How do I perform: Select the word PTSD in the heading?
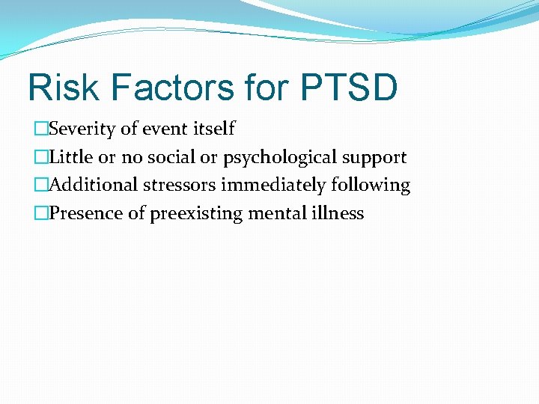(x=348, y=88)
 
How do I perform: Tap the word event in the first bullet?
(x=165, y=129)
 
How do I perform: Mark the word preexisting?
(x=196, y=214)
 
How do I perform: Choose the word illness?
(x=337, y=213)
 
